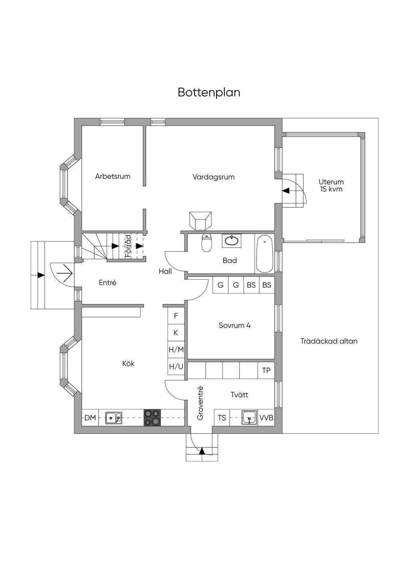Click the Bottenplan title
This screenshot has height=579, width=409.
pos(209,92)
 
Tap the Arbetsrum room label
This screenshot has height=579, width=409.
pos(113,176)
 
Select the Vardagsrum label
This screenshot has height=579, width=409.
pos(213,177)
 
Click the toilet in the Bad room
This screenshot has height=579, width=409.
pos(206,243)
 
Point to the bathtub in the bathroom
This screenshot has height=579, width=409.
pos(264,254)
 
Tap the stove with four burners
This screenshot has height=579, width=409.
pos(152,417)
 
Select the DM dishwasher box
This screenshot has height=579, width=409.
pos(90,418)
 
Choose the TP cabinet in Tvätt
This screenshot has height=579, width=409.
pos(266,370)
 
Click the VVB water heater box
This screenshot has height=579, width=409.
pos(266,418)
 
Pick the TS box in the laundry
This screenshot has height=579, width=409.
pos(222,418)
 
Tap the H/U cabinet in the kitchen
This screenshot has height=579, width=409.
pos(176,366)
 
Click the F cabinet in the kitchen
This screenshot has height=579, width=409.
pos(176,316)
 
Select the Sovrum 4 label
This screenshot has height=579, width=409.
pos(234,325)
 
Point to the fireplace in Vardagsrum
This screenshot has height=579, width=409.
pos(200,220)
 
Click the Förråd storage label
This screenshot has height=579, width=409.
pos(128,246)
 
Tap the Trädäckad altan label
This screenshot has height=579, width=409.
pos(329,341)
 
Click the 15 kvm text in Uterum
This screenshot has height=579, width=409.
pos(331,189)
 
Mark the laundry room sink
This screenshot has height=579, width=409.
pos(249,417)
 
